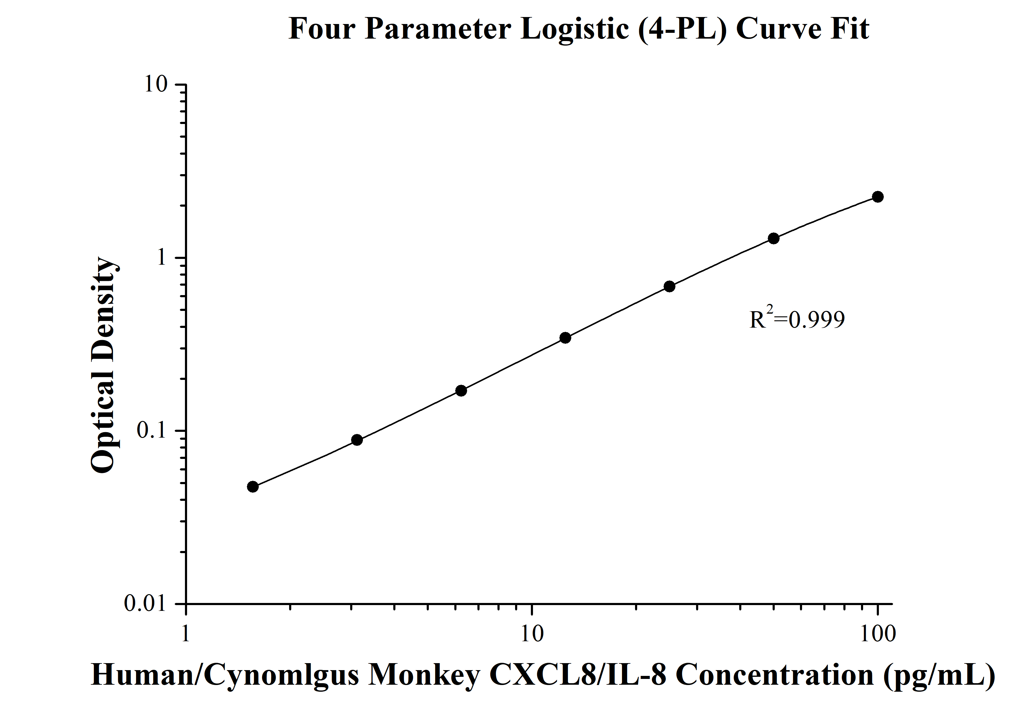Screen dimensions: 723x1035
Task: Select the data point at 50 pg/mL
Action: tap(774, 238)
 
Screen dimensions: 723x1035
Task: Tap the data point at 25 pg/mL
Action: tap(669, 286)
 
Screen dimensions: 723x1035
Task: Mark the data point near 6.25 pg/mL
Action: tap(461, 391)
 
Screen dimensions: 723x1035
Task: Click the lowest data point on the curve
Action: tap(253, 487)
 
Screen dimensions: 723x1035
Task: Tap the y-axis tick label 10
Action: tap(155, 84)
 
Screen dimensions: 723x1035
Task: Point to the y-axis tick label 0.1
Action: tap(152, 431)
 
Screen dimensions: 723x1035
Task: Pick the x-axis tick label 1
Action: tap(185, 634)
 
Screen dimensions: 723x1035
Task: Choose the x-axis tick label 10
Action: tap(532, 634)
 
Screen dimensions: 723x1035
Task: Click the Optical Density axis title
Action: tap(104, 365)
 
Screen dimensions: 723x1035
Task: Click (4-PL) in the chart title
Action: tap(682, 29)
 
